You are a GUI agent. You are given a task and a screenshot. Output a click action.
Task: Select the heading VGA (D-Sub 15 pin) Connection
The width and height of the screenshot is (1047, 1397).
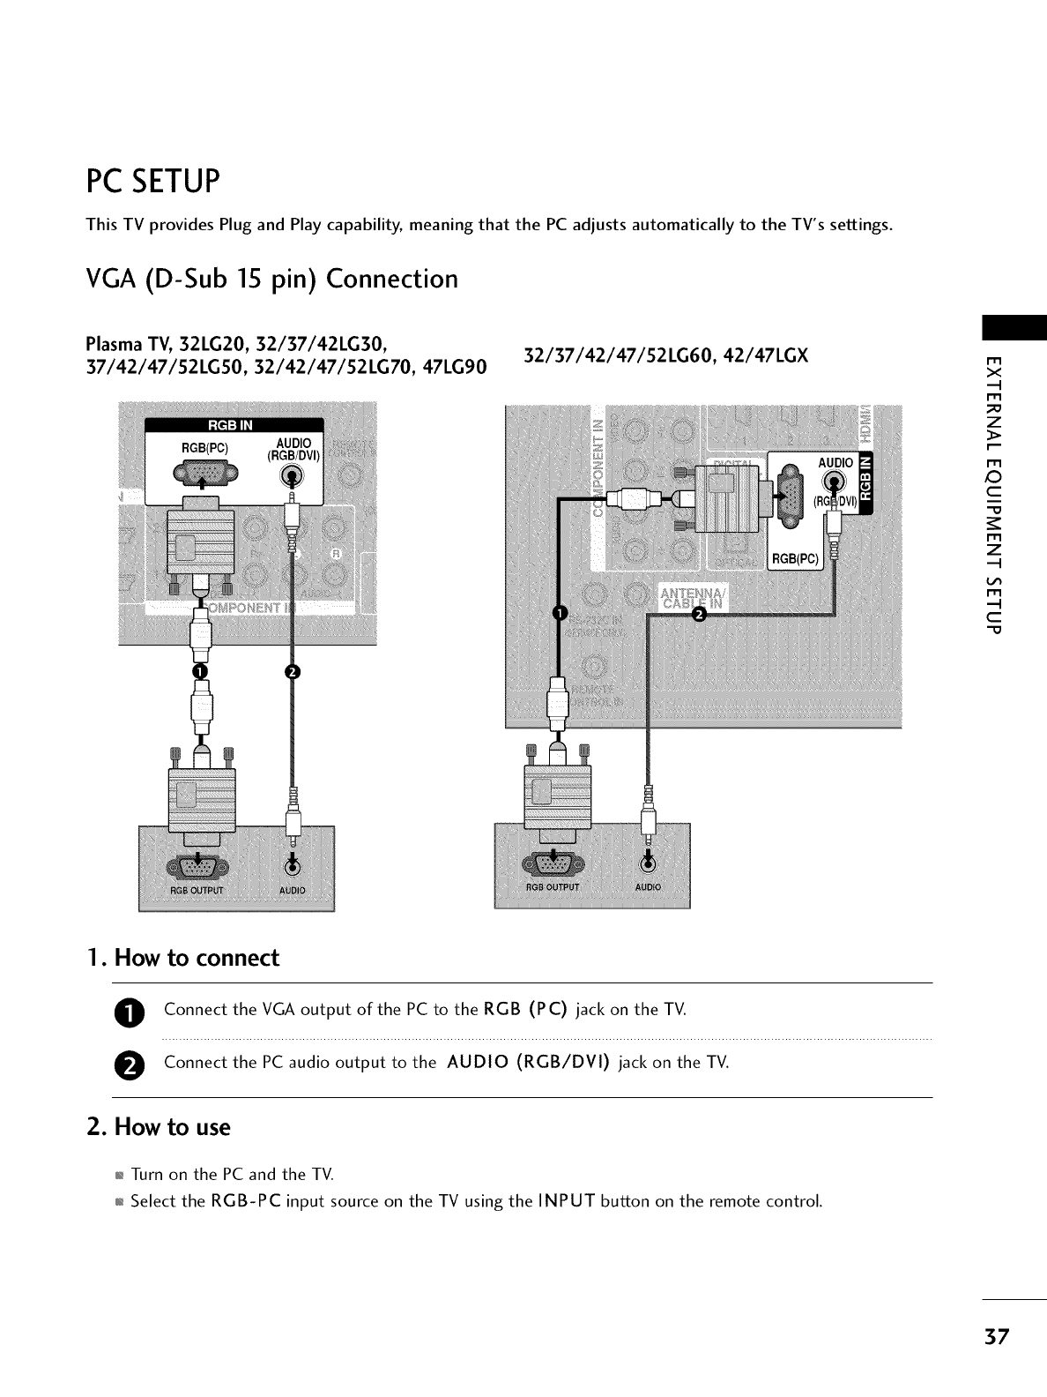pyautogui.click(x=271, y=280)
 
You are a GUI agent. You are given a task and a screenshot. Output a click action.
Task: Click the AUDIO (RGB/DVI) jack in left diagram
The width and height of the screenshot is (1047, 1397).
pyautogui.click(x=293, y=475)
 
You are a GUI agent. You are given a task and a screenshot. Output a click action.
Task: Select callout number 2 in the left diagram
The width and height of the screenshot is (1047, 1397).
pyautogui.click(x=292, y=673)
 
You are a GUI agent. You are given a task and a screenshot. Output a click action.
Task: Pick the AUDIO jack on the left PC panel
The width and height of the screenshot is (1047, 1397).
pyautogui.click(x=292, y=865)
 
